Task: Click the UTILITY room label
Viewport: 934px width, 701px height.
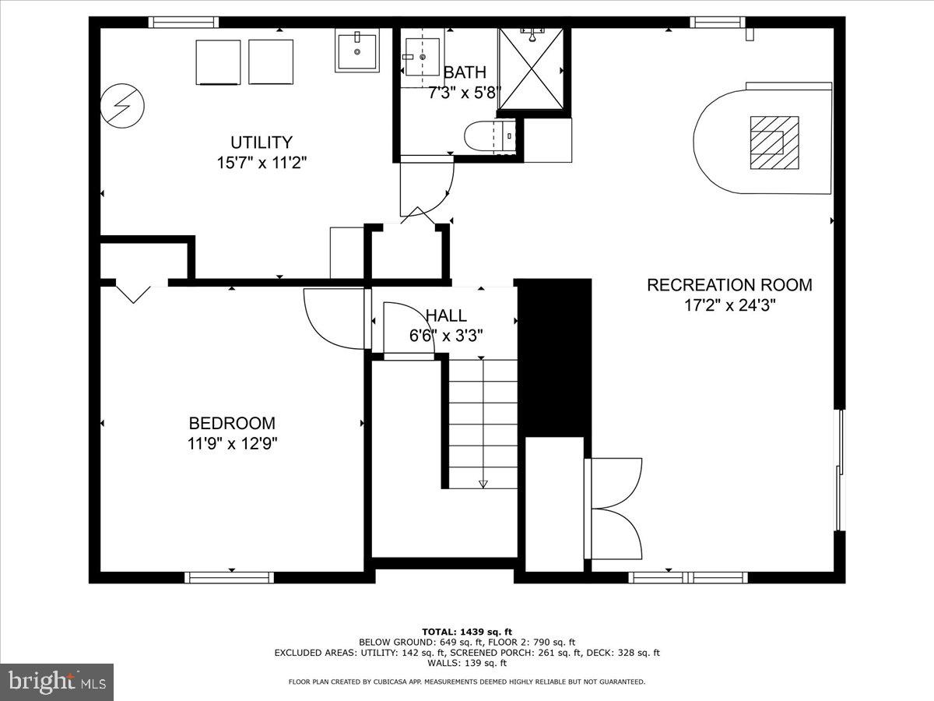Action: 261,143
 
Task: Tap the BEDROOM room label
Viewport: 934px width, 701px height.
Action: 232,424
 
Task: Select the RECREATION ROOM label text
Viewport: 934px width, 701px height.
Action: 729,285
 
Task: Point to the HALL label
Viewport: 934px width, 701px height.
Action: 446,315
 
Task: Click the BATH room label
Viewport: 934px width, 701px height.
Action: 465,72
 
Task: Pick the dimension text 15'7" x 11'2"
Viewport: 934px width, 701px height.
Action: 262,164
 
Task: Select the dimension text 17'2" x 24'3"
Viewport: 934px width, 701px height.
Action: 729,305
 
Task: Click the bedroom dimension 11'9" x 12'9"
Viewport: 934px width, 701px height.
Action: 232,444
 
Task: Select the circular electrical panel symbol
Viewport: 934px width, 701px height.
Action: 122,106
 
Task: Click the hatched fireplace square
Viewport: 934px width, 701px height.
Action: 774,143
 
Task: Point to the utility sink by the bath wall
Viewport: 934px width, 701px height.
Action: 357,51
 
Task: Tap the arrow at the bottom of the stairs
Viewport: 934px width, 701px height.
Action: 483,483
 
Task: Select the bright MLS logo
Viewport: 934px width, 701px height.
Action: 57,682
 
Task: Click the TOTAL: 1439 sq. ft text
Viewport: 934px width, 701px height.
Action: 467,631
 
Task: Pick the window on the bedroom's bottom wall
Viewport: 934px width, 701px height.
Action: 229,577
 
